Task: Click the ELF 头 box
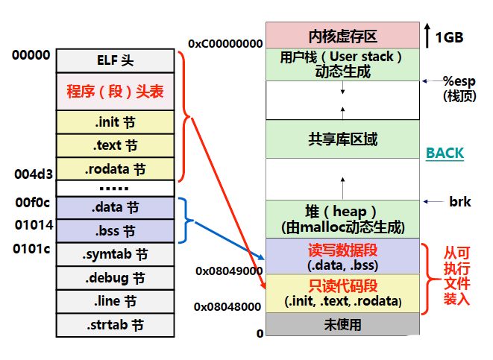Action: pyautogui.click(x=115, y=60)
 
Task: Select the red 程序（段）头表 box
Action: pyautogui.click(x=115, y=92)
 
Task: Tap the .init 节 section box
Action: pyautogui.click(x=115, y=122)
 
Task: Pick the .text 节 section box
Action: pyautogui.click(x=115, y=145)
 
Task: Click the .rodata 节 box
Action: pyautogui.click(x=115, y=168)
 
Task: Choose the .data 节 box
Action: pyautogui.click(x=115, y=207)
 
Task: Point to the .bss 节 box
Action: pyautogui.click(x=115, y=230)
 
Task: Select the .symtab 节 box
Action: pyautogui.click(x=115, y=254)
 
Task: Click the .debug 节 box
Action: pyautogui.click(x=115, y=278)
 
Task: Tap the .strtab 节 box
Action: pyautogui.click(x=115, y=325)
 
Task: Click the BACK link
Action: pyautogui.click(x=445, y=153)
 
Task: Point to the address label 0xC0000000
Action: pyautogui.click(x=225, y=44)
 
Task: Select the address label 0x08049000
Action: pyautogui.click(x=228, y=271)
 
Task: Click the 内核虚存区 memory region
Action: pyautogui.click(x=342, y=36)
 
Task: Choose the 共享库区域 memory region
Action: pyautogui.click(x=342, y=139)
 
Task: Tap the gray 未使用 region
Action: pyautogui.click(x=342, y=324)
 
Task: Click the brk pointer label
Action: pyautogui.click(x=459, y=201)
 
